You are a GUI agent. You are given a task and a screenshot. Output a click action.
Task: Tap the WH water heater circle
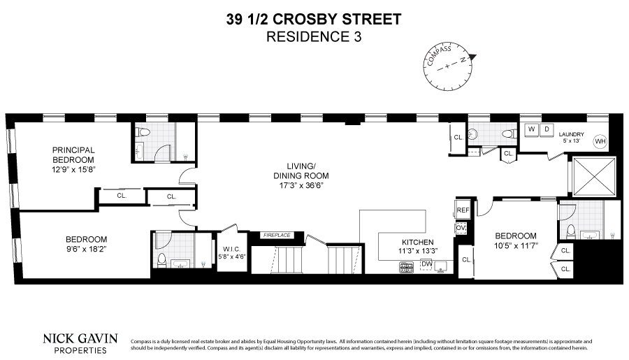(x=599, y=141)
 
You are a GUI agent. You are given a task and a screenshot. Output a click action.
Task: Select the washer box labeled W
(x=532, y=129)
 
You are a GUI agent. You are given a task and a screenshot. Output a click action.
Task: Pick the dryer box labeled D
(x=547, y=129)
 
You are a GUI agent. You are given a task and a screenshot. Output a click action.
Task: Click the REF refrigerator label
(x=462, y=210)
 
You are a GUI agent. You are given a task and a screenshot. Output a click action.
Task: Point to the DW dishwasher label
(x=426, y=264)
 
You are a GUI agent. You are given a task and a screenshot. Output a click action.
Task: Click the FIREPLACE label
(x=276, y=236)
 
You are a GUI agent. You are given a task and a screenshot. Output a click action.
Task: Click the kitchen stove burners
(x=406, y=266)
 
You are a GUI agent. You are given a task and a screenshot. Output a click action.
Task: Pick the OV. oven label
(x=461, y=228)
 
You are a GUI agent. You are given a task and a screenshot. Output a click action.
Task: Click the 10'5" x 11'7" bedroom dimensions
(x=516, y=246)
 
